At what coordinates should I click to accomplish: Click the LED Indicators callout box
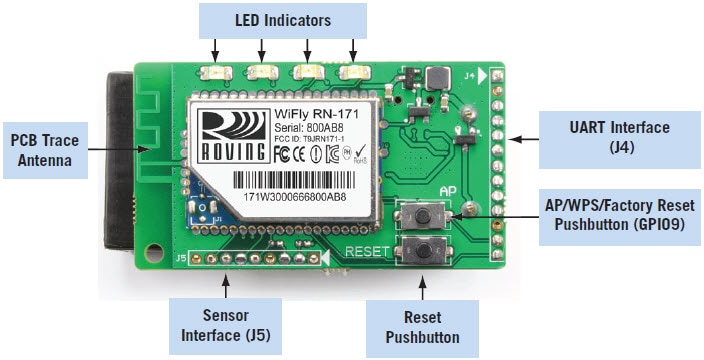pos(282,19)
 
